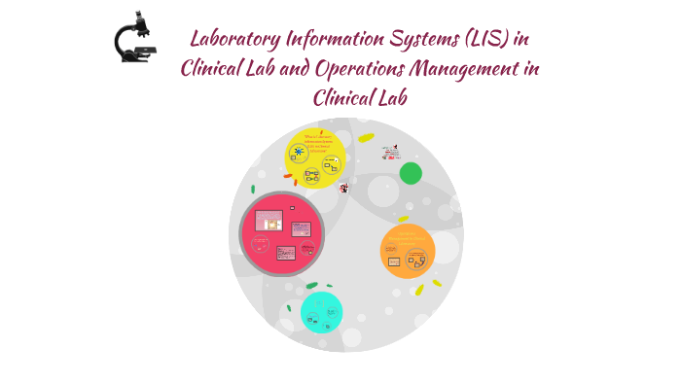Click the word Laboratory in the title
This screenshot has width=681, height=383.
click(x=234, y=40)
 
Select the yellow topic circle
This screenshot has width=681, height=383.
click(x=315, y=158)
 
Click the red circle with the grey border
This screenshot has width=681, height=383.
click(x=282, y=233)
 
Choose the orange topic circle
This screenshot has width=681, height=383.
click(x=407, y=251)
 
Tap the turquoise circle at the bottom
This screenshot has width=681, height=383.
click(x=321, y=312)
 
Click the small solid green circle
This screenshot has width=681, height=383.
click(x=411, y=173)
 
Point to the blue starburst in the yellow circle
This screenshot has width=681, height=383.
click(x=299, y=152)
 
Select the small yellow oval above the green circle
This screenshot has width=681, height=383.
click(x=366, y=138)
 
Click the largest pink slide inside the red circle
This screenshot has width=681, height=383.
click(x=268, y=220)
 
